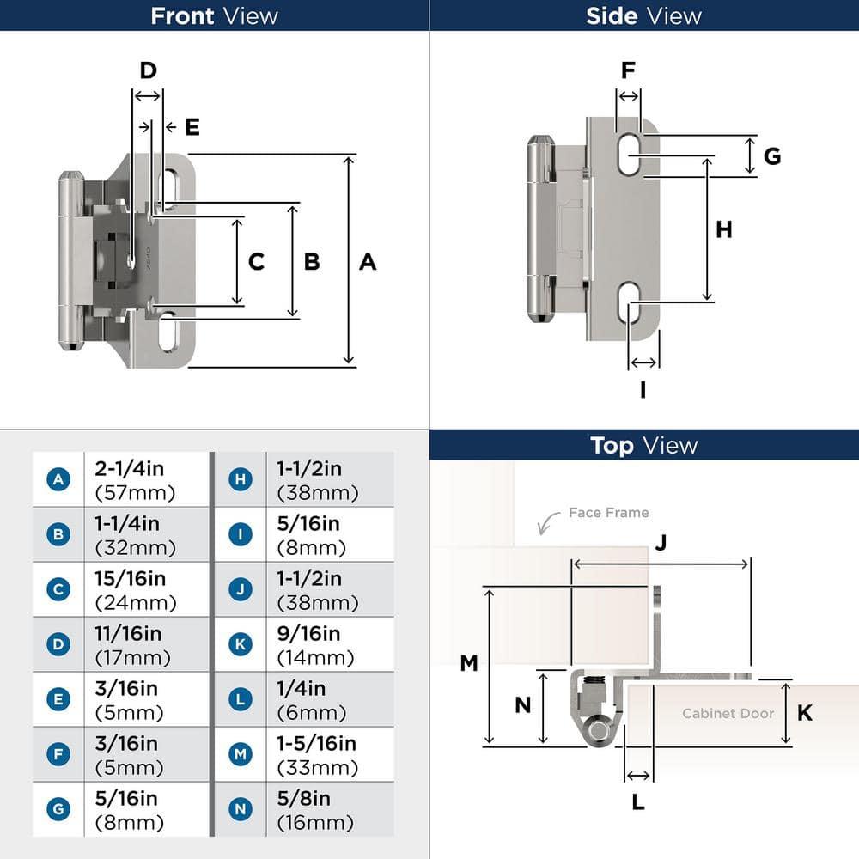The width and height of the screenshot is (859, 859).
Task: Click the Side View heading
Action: [x=643, y=15]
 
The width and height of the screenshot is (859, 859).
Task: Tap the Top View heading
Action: [x=643, y=445]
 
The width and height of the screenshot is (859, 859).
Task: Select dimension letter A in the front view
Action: [x=368, y=262]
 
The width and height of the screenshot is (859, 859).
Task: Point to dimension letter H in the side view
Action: [x=724, y=229]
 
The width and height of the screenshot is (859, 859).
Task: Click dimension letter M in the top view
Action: [x=468, y=663]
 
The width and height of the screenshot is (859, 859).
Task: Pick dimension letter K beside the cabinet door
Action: [x=805, y=713]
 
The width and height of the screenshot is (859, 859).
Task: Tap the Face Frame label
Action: [x=608, y=513]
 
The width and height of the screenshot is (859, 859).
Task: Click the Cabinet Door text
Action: [x=728, y=713]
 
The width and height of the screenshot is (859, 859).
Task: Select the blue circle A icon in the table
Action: [x=58, y=479]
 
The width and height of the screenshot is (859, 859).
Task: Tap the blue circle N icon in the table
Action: [x=241, y=809]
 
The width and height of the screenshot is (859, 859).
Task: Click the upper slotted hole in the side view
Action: [x=631, y=155]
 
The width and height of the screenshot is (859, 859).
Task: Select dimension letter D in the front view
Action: [x=148, y=70]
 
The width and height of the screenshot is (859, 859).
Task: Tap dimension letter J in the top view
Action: [x=661, y=543]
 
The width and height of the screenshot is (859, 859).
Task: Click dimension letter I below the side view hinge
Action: [x=643, y=389]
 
